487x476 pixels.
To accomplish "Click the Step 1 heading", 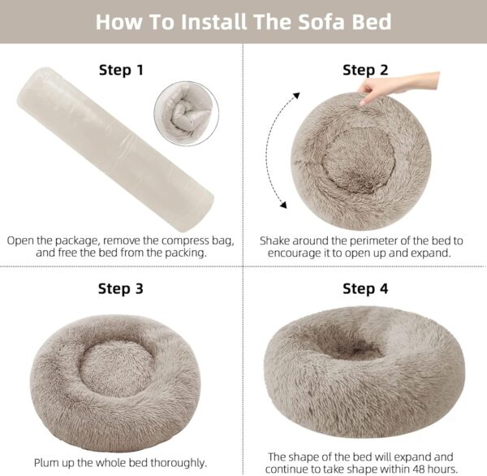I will click(x=121, y=70).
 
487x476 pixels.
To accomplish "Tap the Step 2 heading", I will click(x=365, y=70).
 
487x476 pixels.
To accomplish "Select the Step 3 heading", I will click(x=121, y=288).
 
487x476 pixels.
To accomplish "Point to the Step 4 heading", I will click(x=365, y=288).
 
